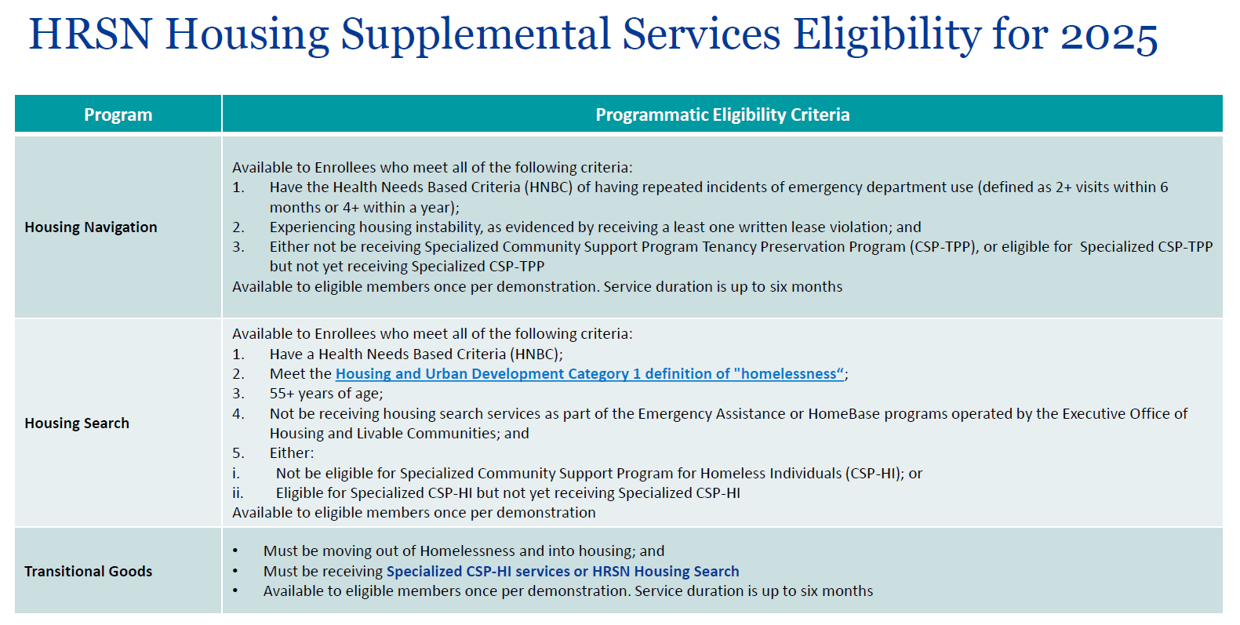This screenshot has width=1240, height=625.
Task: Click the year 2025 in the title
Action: (x=1109, y=35)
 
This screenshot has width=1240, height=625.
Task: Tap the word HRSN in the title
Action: (x=90, y=35)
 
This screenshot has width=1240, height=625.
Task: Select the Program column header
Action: (x=118, y=114)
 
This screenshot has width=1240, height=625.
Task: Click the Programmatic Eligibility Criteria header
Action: (x=722, y=114)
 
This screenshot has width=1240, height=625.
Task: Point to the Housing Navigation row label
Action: (x=91, y=227)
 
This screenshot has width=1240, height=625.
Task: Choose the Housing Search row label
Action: (x=77, y=423)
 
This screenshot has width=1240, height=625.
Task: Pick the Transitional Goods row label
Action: (x=88, y=572)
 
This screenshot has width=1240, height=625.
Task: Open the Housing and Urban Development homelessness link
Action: (x=590, y=374)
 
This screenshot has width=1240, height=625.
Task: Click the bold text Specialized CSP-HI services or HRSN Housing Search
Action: (x=562, y=572)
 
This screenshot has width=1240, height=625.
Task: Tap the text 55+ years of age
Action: (x=326, y=394)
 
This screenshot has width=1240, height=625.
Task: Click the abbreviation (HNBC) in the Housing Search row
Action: (x=536, y=354)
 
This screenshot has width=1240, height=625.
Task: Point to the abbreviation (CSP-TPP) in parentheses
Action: (x=942, y=247)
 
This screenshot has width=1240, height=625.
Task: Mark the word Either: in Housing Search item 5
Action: (x=292, y=452)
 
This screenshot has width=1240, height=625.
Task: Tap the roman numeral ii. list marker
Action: (x=238, y=492)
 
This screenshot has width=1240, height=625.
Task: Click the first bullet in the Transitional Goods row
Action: (x=235, y=551)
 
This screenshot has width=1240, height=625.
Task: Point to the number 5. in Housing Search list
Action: (x=238, y=452)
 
